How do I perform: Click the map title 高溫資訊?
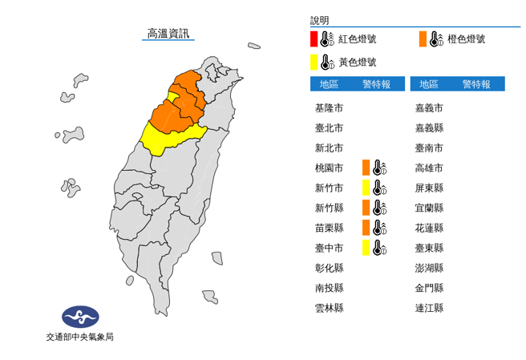pyautogui.click(x=168, y=34)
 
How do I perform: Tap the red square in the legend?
pyautogui.click(x=314, y=38)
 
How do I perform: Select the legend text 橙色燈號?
pyautogui.click(x=467, y=38)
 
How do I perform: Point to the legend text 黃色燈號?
pyautogui.click(x=357, y=62)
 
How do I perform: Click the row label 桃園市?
pyautogui.click(x=329, y=168)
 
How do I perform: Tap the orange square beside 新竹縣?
pyautogui.click(x=366, y=208)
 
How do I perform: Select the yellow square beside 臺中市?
pyautogui.click(x=366, y=248)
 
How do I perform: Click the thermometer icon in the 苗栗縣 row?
pyautogui.click(x=380, y=228)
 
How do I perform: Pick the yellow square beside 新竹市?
pyautogui.click(x=366, y=188)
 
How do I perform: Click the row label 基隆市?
pyautogui.click(x=329, y=108)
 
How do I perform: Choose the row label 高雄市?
pyautogui.click(x=429, y=168)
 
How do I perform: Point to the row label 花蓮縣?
pyautogui.click(x=429, y=228)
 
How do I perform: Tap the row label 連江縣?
pyautogui.click(x=429, y=308)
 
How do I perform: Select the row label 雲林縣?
pyautogui.click(x=329, y=308)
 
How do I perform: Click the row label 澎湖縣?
pyautogui.click(x=429, y=268)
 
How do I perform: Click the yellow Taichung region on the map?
pyautogui.click(x=164, y=138)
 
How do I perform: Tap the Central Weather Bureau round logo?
pyautogui.click(x=80, y=317)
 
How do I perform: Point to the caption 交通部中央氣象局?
pyautogui.click(x=80, y=338)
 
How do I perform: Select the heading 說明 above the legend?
pyautogui.click(x=319, y=20)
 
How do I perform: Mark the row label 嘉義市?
pyautogui.click(x=429, y=108)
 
